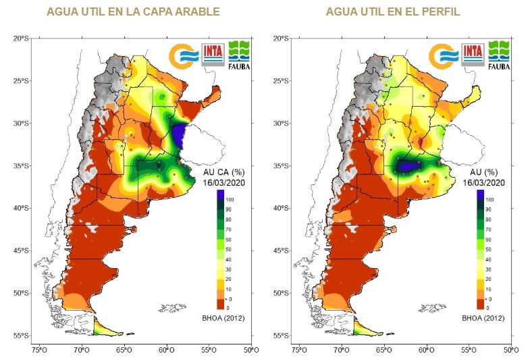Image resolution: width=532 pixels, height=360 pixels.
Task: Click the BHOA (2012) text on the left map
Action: pos(223,317)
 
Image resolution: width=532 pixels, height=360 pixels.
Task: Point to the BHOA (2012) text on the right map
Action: pos(482,317)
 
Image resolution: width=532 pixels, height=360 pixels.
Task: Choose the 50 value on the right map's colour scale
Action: pos(489,248)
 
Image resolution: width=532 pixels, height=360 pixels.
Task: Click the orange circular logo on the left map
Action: pos(184,55)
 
